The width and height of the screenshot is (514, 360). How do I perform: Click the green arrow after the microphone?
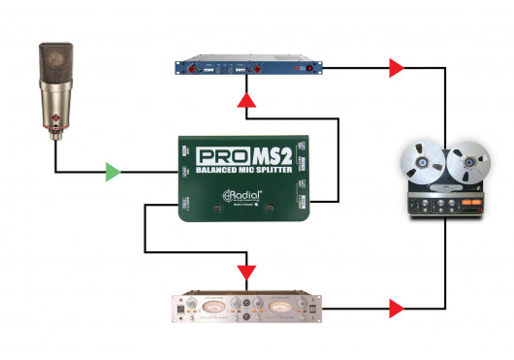[113, 174]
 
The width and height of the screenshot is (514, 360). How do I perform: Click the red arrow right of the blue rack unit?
[395, 68]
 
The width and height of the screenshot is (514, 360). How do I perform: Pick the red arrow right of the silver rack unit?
[395, 310]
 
